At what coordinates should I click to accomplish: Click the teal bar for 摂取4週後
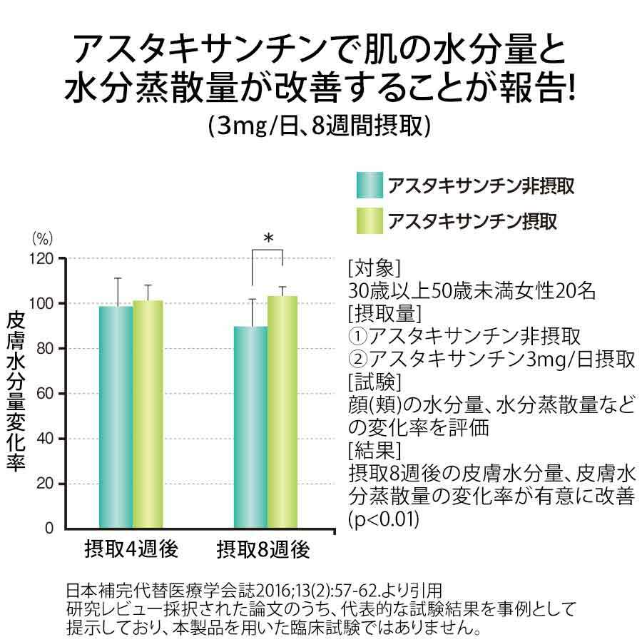116,417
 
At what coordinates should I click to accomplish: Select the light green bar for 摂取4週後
148,414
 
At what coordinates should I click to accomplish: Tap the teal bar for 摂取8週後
250,427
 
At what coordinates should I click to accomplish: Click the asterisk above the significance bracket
268,238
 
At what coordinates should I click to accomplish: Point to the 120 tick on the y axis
41,259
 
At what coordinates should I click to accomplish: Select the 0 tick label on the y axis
49,528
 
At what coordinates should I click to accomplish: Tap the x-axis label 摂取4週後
131,549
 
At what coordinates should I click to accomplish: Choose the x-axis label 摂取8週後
263,549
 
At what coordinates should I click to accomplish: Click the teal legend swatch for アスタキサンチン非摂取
370,185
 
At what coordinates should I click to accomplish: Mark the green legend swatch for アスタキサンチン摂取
370,220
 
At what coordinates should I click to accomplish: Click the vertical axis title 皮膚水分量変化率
16,392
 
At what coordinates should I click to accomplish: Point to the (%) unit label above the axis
43,239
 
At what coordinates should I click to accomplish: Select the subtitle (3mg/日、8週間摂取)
320,126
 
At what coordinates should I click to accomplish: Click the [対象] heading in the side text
374,269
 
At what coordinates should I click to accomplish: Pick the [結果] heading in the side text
374,451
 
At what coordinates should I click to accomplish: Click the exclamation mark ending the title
572,88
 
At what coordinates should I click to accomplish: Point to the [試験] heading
374,382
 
